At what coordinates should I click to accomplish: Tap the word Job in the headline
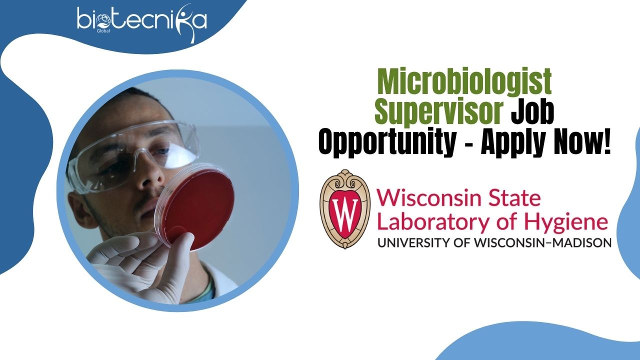[x=532, y=111]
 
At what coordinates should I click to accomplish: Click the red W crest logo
[x=345, y=209]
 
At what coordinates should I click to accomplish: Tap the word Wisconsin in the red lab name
[x=429, y=198]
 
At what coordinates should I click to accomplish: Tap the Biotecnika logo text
[x=141, y=20]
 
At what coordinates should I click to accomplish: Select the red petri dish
[x=195, y=206]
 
